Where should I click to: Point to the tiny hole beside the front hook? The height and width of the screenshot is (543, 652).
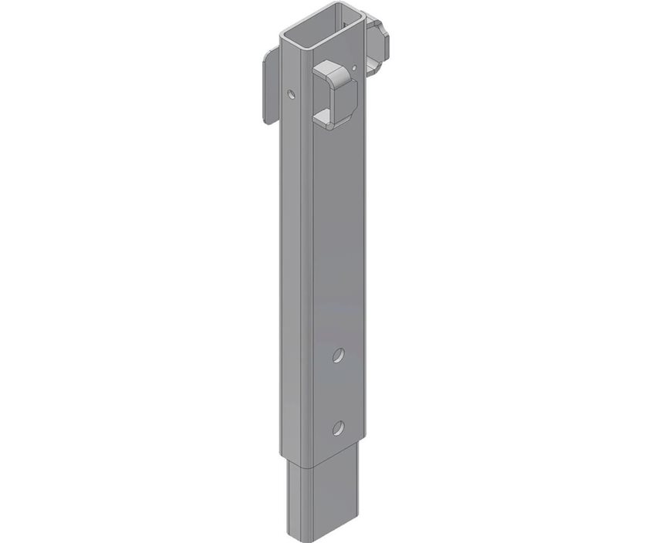point(354,69)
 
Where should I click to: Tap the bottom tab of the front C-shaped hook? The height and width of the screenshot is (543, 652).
point(332,120)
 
